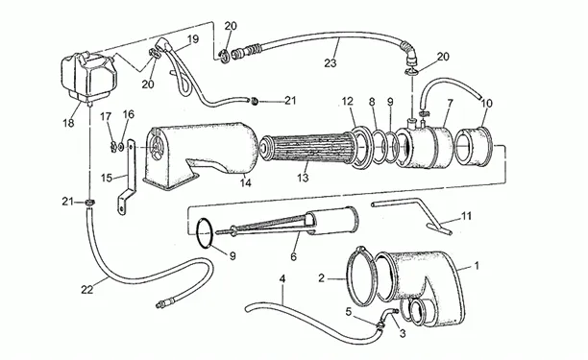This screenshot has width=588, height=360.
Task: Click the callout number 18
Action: click(x=68, y=123)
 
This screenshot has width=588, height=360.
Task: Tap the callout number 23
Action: click(x=331, y=63)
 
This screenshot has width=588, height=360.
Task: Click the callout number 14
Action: click(x=246, y=182)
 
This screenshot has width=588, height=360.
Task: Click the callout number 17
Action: click(x=106, y=116)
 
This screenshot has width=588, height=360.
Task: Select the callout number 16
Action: click(x=128, y=114)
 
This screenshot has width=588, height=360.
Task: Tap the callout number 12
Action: click(x=348, y=101)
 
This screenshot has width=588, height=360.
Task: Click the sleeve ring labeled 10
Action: click(x=474, y=146)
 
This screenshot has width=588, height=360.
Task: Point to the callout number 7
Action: click(x=450, y=103)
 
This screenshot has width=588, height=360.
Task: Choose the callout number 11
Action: click(x=466, y=216)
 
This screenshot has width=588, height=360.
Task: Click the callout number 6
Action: click(x=293, y=256)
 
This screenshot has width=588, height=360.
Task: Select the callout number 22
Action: click(x=87, y=290)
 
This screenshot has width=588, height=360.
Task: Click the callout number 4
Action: click(x=282, y=278)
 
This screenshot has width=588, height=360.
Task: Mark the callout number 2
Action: click(x=321, y=278)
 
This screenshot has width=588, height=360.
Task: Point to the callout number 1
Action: click(x=477, y=266)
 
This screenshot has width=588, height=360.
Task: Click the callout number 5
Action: click(x=349, y=312)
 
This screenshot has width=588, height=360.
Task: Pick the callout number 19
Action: click(x=193, y=39)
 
